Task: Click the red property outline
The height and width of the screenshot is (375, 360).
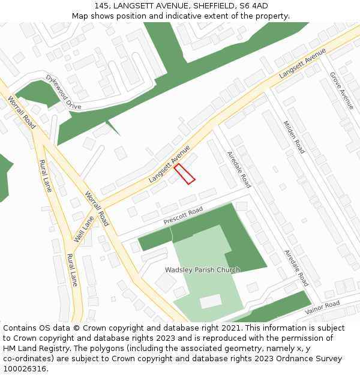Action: (x=185, y=173)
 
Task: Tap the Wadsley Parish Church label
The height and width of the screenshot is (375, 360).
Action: (x=202, y=270)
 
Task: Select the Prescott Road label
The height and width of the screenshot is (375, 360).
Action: (x=184, y=217)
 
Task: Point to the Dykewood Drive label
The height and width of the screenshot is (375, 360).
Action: (x=64, y=92)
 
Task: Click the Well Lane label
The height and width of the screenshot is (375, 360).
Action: (x=84, y=229)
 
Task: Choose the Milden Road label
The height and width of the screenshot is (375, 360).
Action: (x=294, y=137)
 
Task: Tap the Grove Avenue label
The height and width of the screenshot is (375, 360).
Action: (x=342, y=90)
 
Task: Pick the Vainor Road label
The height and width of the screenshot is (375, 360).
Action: (x=322, y=308)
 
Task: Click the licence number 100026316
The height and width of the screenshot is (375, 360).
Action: (x=23, y=369)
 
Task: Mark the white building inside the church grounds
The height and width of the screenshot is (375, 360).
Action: (x=211, y=301)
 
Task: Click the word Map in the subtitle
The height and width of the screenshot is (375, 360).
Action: (x=80, y=16)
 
